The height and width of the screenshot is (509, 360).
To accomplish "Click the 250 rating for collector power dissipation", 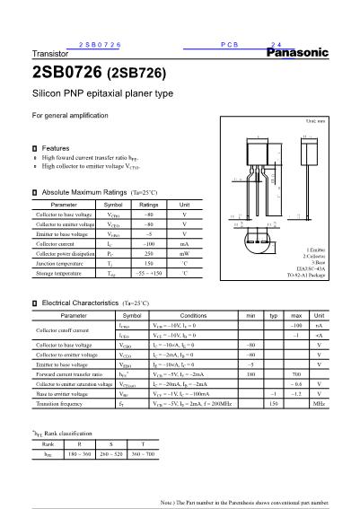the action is pos(149,254).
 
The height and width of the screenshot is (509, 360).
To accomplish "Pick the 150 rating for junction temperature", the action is pos(149,264).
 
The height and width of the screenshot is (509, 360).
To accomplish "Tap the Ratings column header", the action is pos(149,205).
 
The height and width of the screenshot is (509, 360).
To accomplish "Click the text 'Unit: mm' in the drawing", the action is pos(315,120).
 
